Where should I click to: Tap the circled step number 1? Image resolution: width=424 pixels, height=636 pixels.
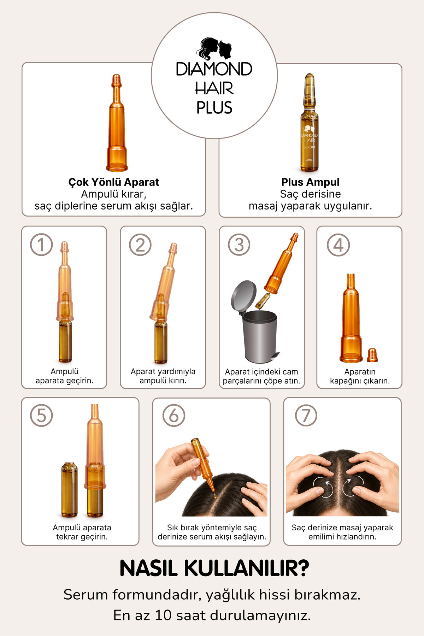pos(41,245)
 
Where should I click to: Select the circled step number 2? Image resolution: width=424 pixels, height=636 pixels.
pos(140,245)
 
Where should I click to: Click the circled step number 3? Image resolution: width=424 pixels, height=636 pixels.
pos(239,245)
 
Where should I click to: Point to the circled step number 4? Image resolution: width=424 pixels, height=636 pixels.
pos(338,245)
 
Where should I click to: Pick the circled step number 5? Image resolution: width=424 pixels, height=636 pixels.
pos(41,415)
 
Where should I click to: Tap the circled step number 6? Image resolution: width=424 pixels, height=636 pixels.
pos(174,415)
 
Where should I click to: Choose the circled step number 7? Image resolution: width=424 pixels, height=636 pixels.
pos(306,415)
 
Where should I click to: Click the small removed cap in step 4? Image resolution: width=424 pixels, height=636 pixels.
pos(372,355)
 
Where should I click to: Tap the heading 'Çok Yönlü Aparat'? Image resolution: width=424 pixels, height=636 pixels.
pos(114,182)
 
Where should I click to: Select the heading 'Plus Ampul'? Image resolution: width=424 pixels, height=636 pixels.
pos(310,182)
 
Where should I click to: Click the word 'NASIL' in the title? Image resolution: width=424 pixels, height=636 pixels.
pos(148,569)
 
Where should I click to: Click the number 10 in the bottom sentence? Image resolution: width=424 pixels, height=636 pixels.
pos(163,616)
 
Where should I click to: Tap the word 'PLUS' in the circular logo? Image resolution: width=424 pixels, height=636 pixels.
pos(214,108)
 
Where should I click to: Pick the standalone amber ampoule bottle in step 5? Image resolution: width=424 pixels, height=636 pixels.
pos(69,489)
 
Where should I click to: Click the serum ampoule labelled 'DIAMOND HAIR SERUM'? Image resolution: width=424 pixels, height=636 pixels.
pos(310,123)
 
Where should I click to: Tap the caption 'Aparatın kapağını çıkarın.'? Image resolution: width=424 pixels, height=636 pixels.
pos(360,376)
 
